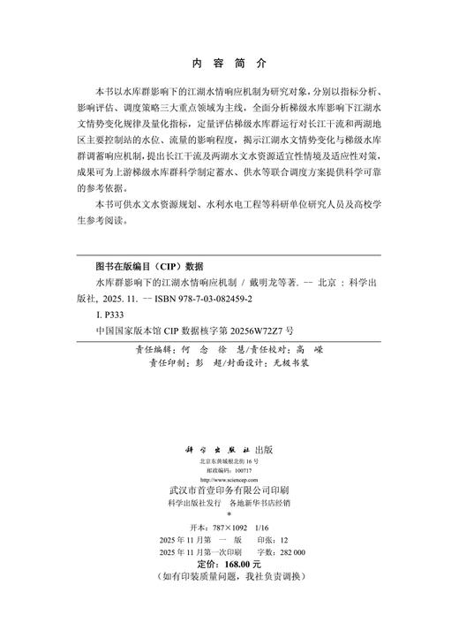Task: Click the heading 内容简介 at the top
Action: (229, 64)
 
